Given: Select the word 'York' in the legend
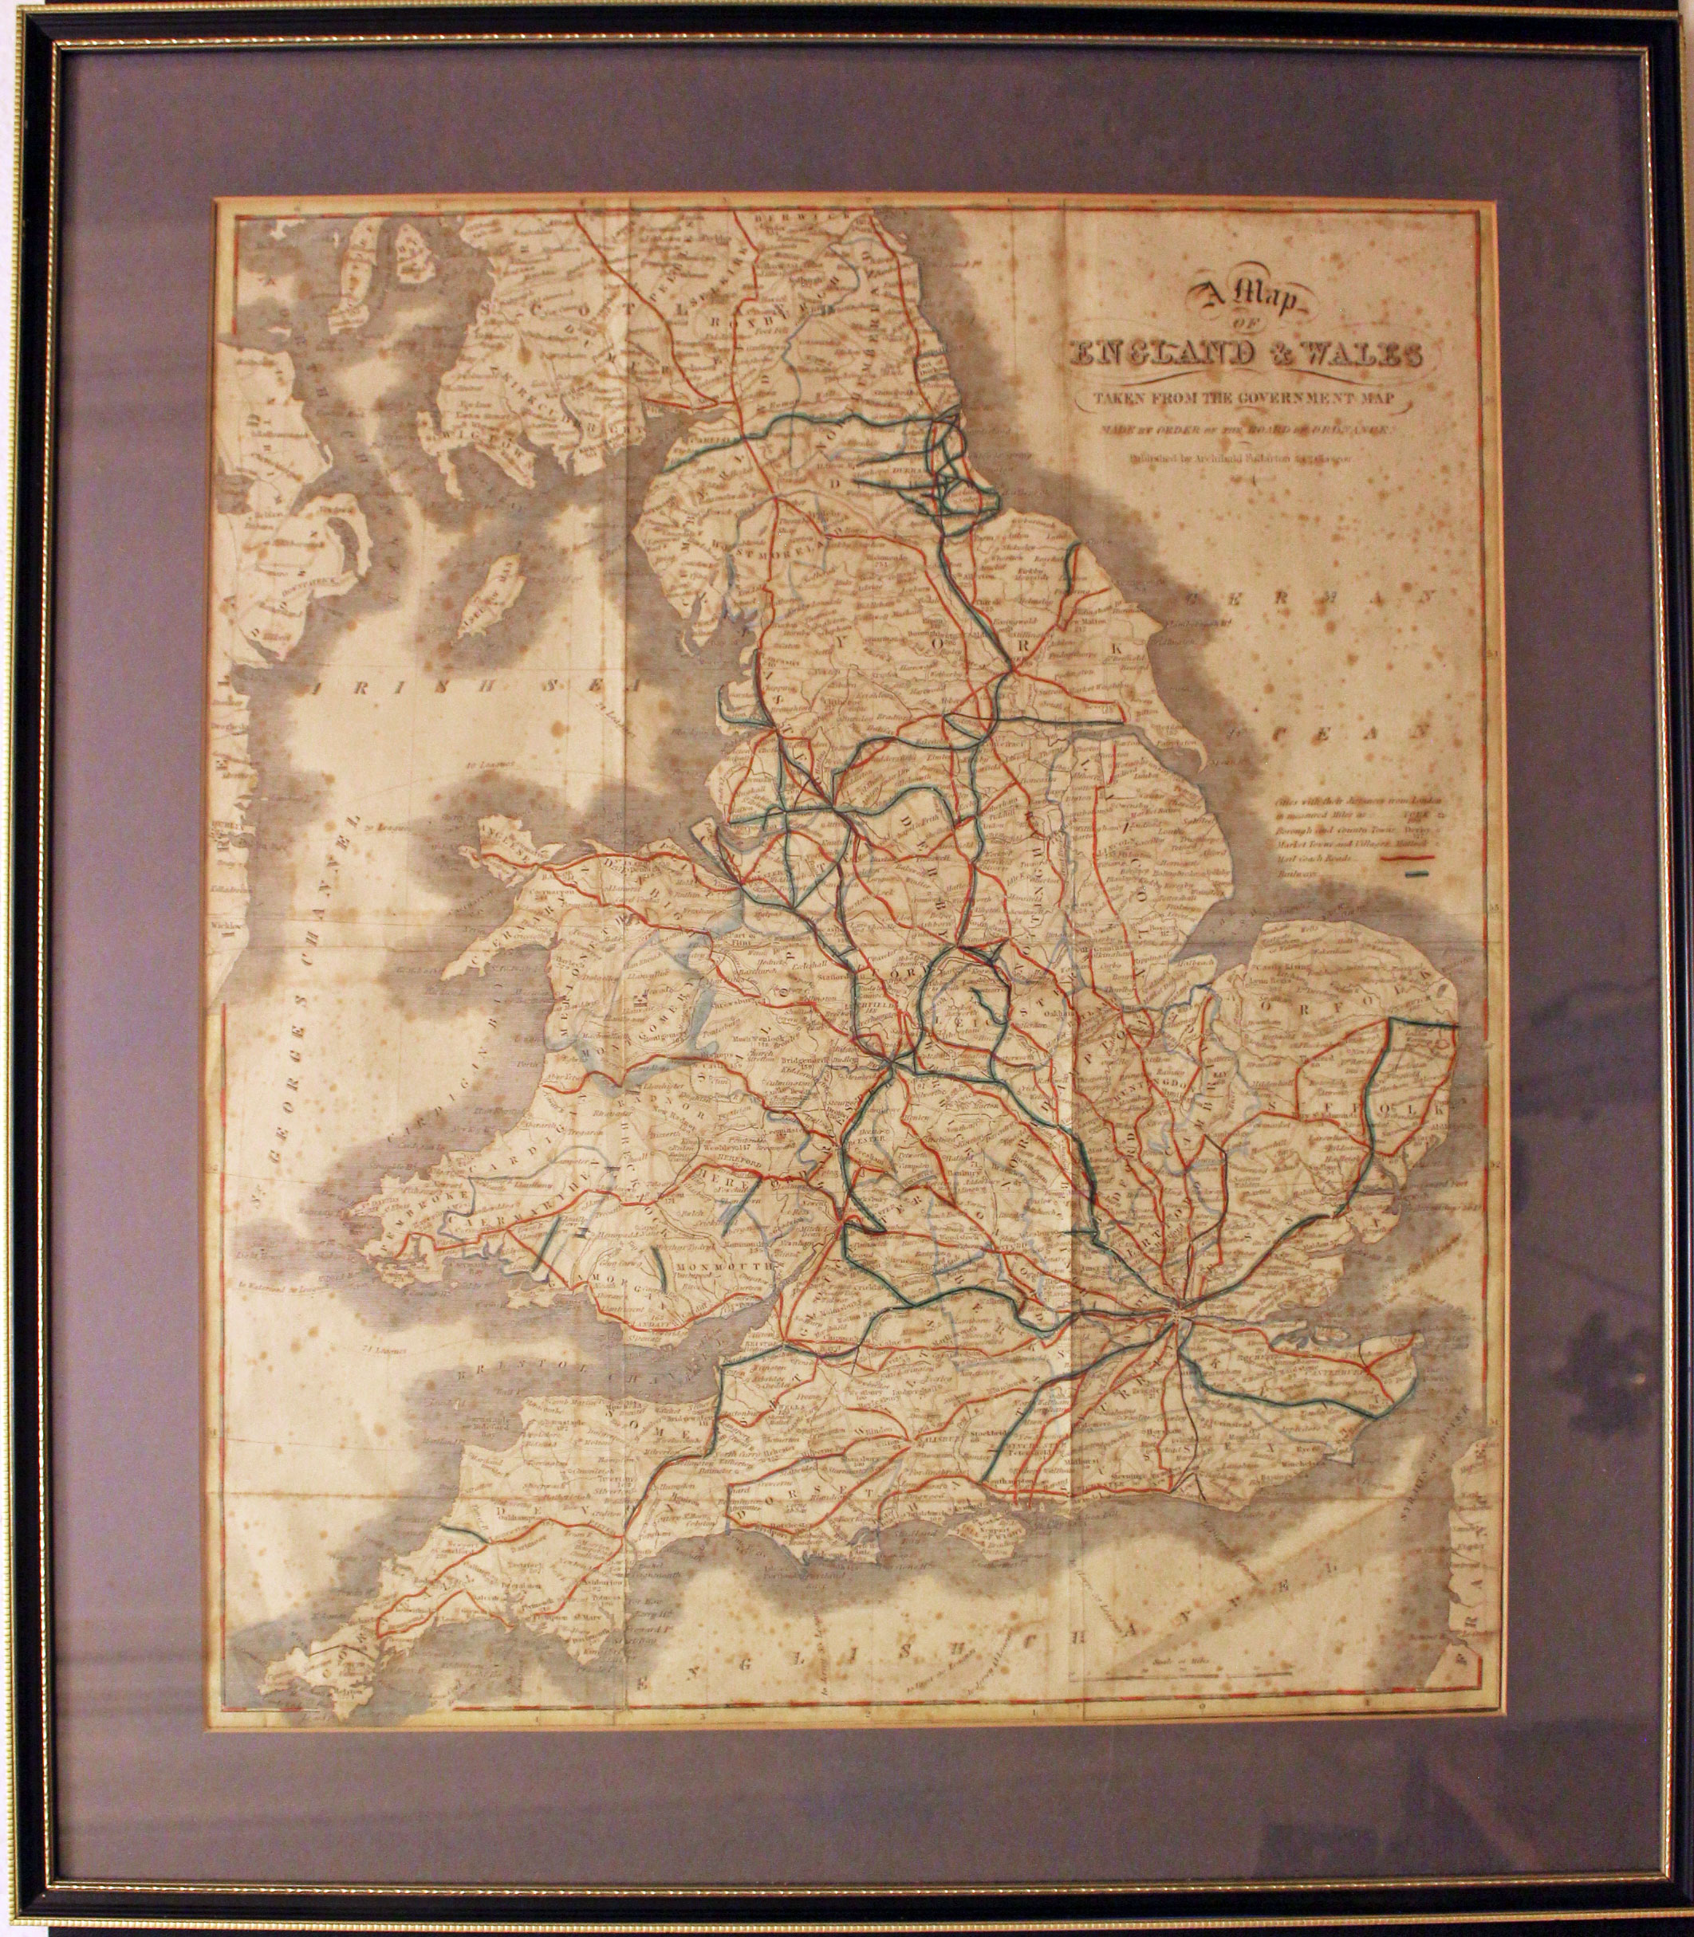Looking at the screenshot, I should tap(1418, 811).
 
